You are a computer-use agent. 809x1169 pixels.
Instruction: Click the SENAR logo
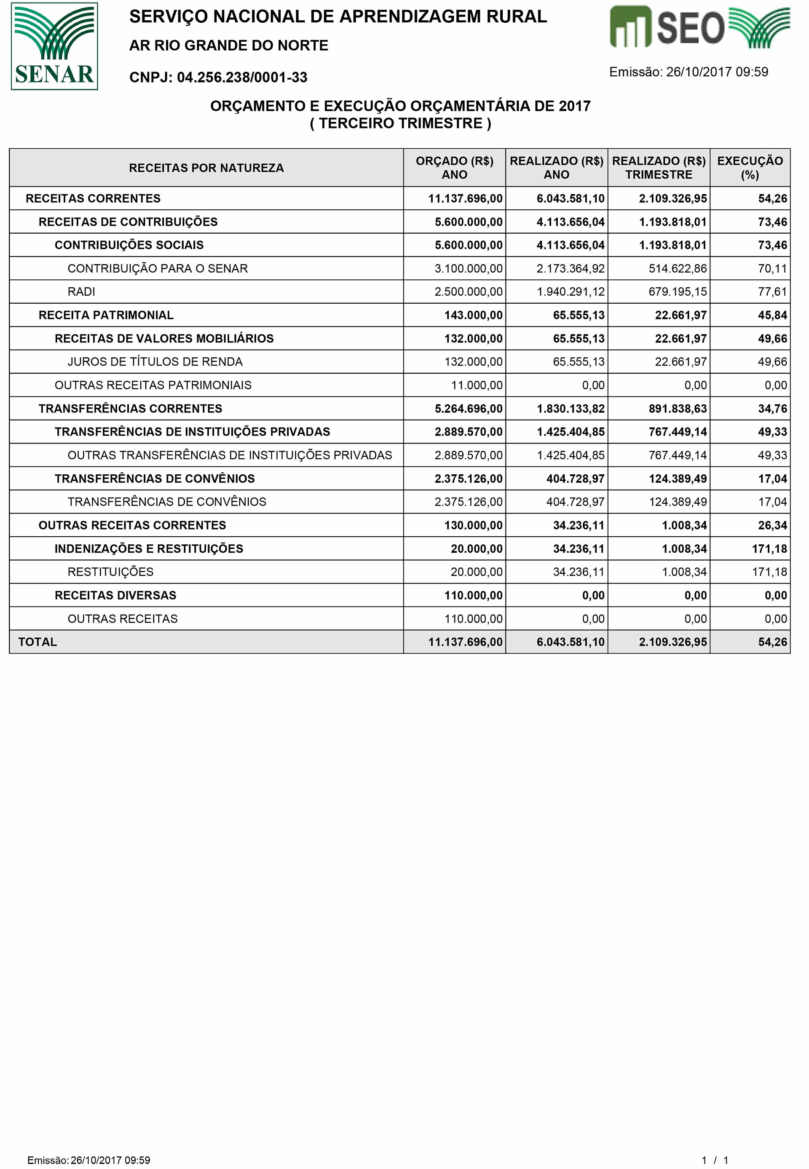tap(54, 46)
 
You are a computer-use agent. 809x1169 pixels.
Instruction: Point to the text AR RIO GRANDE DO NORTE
tap(229, 45)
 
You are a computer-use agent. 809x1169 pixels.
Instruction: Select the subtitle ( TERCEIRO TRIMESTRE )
tap(400, 123)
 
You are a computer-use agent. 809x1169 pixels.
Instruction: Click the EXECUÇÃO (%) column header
tap(750, 168)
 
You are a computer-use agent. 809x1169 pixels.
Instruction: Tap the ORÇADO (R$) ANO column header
tap(454, 168)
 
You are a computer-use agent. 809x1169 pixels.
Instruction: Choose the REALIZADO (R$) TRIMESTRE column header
tap(659, 168)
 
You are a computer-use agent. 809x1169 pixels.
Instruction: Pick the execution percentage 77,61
tap(772, 292)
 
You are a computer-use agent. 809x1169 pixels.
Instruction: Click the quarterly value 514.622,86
tap(677, 269)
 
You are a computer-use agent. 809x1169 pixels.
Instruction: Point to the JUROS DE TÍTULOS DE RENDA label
tap(155, 362)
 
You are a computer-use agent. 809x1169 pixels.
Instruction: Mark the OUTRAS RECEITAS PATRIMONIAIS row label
tap(153, 385)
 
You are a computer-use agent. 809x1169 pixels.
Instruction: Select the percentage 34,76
tap(772, 409)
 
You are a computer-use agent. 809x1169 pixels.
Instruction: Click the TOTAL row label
tap(38, 642)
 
